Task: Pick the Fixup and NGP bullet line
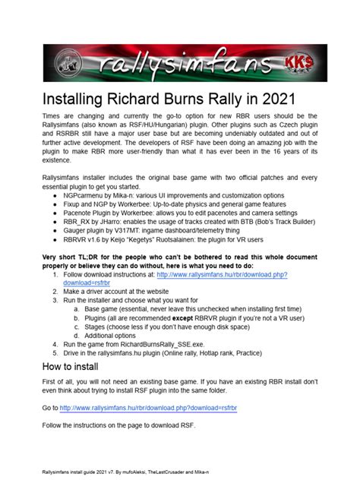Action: [172, 204]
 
